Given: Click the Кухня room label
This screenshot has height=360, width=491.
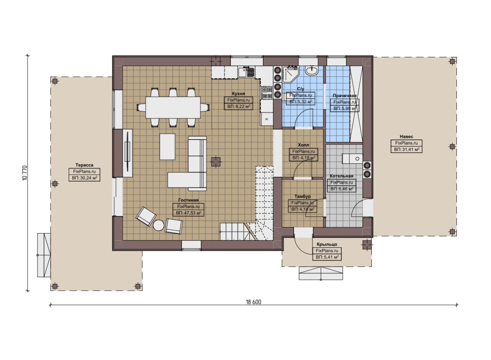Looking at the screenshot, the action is (x=239, y=94).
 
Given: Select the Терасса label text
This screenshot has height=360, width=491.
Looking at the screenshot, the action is (x=84, y=165).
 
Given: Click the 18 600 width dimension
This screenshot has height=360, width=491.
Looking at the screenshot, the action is (x=254, y=302).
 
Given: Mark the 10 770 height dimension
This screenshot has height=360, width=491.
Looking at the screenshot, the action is (x=25, y=173).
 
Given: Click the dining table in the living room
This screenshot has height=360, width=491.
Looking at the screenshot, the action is (x=173, y=107).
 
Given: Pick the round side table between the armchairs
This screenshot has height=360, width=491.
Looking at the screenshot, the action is (x=158, y=225).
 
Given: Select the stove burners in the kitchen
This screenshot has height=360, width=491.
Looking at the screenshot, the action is (x=267, y=92).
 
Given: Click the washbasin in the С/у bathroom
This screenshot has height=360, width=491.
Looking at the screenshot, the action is (x=312, y=71).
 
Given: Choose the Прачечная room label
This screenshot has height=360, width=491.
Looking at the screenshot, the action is (x=344, y=95).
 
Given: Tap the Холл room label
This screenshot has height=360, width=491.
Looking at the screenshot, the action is (x=303, y=145).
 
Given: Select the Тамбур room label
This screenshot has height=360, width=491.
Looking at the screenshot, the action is (x=303, y=196).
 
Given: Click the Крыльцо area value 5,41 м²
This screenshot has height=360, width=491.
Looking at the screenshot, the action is (x=327, y=257).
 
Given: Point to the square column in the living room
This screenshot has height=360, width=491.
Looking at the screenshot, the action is (x=216, y=162).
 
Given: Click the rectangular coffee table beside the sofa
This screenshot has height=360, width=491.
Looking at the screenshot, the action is (x=167, y=147).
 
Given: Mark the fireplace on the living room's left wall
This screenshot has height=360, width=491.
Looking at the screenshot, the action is (x=127, y=153).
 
